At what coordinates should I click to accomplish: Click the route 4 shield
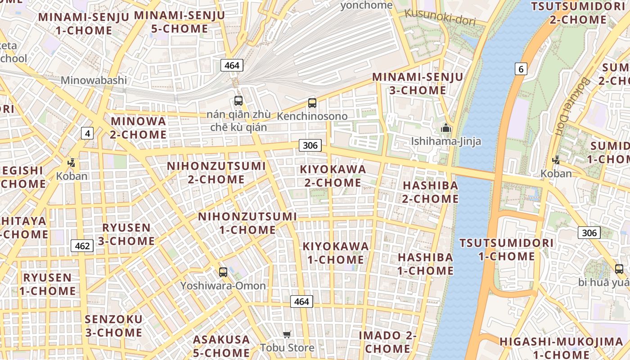click(x=87, y=133)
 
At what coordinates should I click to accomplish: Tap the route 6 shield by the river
click(x=521, y=69)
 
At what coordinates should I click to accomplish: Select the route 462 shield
click(x=82, y=246)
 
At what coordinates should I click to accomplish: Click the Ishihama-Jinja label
click(x=446, y=141)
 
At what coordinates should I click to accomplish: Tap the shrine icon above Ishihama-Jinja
click(x=446, y=128)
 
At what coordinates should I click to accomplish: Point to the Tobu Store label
click(x=287, y=347)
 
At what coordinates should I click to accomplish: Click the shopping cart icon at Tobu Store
click(x=287, y=334)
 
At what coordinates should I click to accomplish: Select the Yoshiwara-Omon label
click(x=223, y=285)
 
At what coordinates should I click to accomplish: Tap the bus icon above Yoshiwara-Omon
click(x=223, y=272)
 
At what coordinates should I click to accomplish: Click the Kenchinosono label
click(x=312, y=116)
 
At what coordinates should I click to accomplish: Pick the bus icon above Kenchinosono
click(x=312, y=103)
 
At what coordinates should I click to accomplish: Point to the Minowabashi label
click(x=94, y=81)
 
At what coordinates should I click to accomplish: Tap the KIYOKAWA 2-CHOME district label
click(x=333, y=176)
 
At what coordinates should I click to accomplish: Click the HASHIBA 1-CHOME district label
click(x=425, y=264)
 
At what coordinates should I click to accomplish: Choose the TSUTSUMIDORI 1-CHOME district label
click(x=506, y=250)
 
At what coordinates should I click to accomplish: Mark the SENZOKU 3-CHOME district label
click(x=114, y=326)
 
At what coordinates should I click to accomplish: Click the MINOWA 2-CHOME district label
click(x=139, y=128)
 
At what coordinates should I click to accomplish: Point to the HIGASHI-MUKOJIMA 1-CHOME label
click(x=561, y=348)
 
